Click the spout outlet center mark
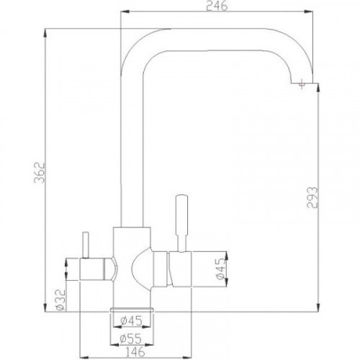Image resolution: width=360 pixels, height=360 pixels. click(301, 85)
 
